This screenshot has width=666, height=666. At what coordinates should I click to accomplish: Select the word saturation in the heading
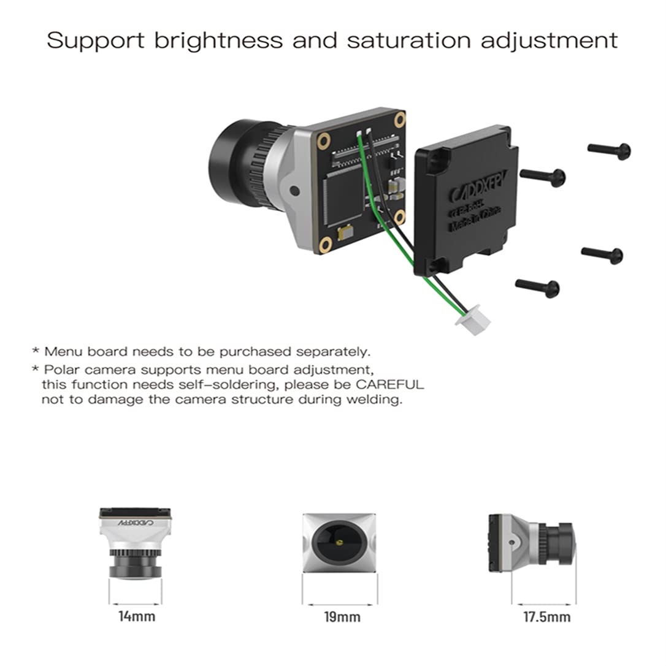409,40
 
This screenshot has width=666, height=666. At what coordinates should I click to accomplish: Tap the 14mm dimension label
136,616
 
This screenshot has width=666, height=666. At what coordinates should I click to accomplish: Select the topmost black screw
610,150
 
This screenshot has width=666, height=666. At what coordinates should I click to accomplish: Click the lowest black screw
538,286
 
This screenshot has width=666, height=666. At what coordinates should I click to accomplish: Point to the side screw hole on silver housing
294,191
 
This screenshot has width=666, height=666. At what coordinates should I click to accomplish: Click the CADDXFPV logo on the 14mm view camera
136,522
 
